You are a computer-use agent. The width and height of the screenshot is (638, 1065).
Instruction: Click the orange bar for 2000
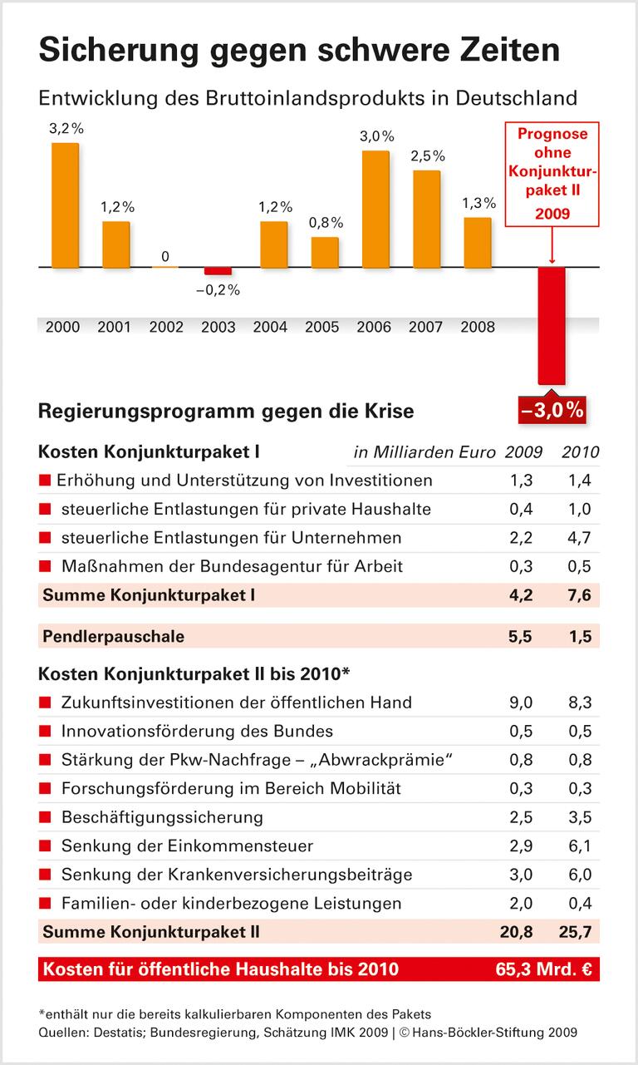(66, 205)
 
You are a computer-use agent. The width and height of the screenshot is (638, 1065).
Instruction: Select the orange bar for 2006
(376, 209)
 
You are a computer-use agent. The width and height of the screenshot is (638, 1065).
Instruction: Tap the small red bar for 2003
(218, 271)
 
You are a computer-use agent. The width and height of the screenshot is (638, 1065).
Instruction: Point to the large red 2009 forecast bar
(552, 325)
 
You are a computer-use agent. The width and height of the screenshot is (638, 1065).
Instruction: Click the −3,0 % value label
(553, 410)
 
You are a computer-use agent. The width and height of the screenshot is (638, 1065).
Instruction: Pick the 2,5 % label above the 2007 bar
(427, 156)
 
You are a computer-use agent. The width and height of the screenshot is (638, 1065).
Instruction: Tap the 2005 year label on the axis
(323, 327)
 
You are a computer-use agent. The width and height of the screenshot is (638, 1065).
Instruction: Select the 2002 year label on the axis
(166, 327)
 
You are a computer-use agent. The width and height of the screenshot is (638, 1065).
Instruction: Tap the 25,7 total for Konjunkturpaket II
(576, 932)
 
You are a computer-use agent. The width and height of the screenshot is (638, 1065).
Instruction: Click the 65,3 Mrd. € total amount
(545, 969)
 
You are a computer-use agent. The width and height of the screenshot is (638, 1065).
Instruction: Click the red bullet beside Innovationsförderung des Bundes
(45, 732)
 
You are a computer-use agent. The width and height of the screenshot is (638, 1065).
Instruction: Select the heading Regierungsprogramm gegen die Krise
(226, 411)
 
